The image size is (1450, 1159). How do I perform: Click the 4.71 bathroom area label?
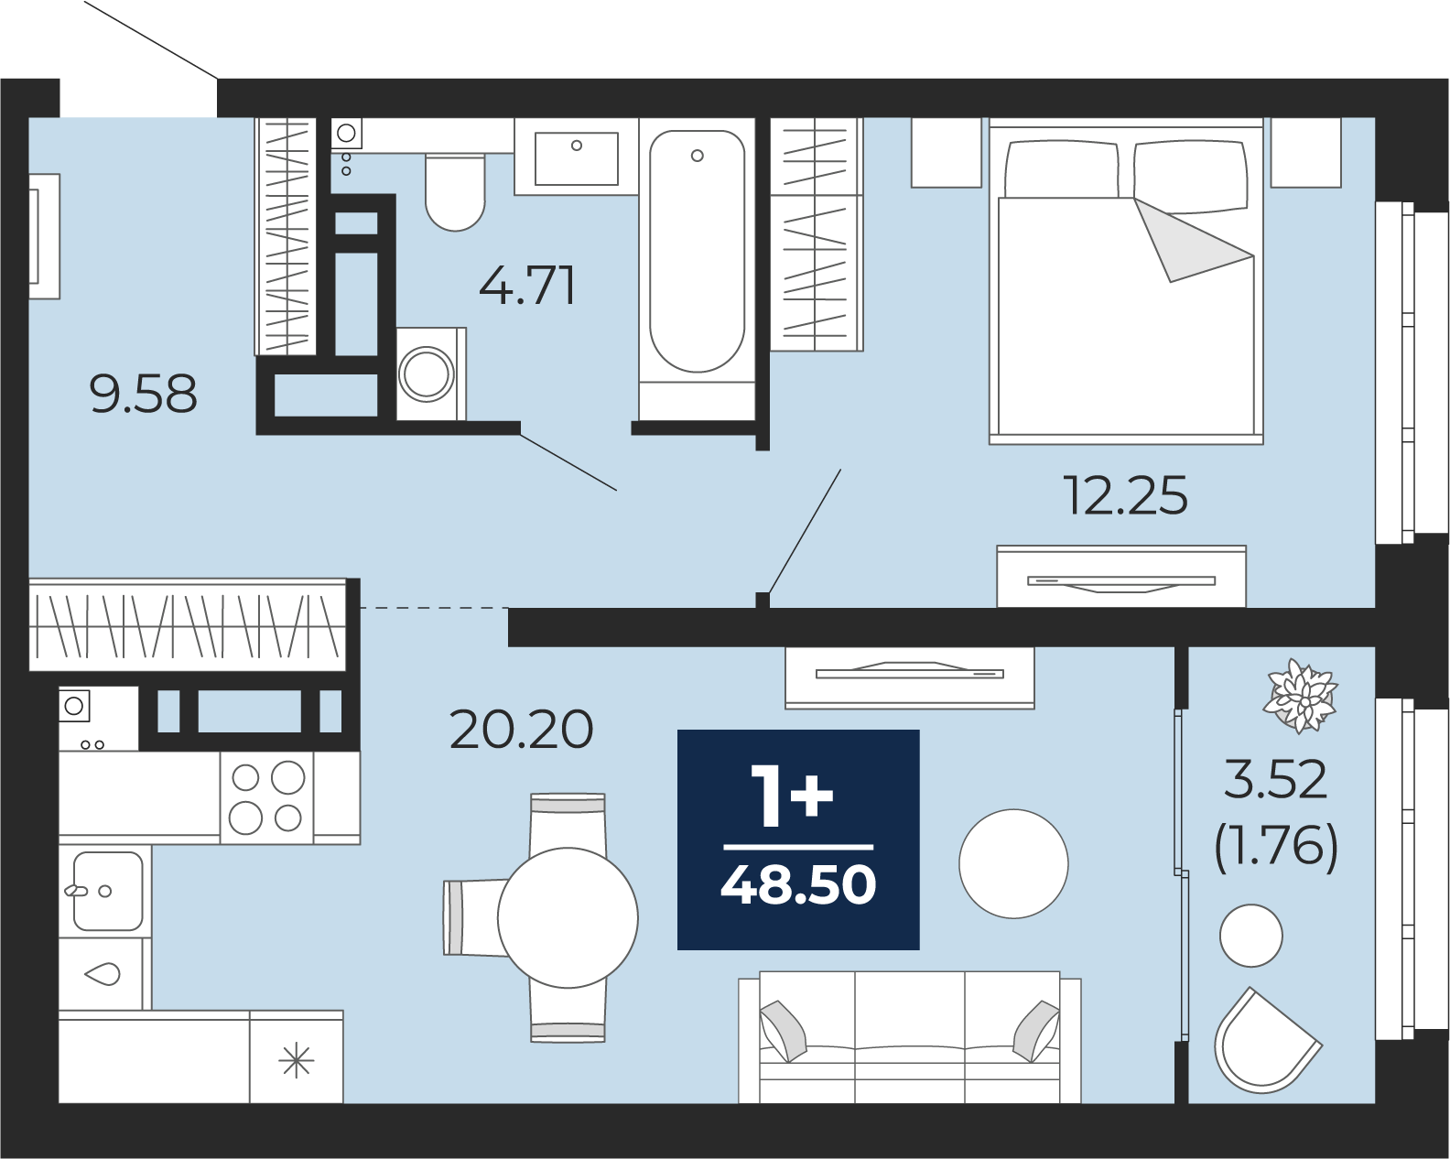(x=527, y=286)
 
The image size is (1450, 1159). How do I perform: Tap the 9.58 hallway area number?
(x=143, y=395)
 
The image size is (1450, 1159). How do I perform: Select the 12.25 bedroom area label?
(x=1124, y=495)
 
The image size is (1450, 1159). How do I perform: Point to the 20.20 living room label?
(x=521, y=729)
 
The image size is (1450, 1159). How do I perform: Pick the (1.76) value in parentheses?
(x=1275, y=849)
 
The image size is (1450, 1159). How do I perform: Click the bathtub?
(x=697, y=251)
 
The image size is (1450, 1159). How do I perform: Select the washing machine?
(x=430, y=374)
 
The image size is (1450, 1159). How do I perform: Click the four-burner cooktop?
(x=266, y=797)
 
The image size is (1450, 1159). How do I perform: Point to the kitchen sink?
(x=108, y=891)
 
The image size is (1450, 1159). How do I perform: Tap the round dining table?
(x=568, y=917)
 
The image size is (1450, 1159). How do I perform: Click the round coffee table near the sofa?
(x=1013, y=864)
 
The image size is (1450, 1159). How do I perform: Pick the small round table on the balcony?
(x=1251, y=936)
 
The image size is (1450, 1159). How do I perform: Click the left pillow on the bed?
(x=1061, y=169)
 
